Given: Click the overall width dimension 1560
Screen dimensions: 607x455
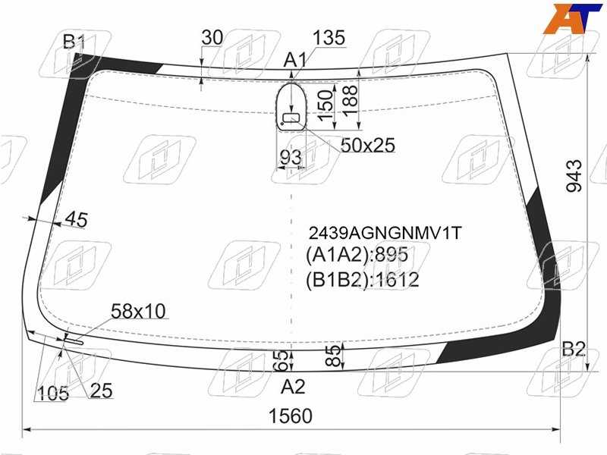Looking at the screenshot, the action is tap(291, 416).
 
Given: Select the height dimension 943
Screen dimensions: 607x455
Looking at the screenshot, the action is tap(574, 176).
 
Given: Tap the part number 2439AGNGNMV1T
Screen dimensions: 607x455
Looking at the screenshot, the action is tap(385, 233).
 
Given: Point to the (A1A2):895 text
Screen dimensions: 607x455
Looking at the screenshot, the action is tap(357, 255).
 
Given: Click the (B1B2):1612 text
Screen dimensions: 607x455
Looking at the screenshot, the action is tap(363, 280).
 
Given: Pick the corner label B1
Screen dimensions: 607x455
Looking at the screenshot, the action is tap(74, 42).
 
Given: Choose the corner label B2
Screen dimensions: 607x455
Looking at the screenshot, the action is tap(574, 349).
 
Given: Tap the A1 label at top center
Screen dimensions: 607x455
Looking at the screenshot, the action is tap(295, 61).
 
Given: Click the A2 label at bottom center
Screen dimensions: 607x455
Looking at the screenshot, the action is tap(293, 387).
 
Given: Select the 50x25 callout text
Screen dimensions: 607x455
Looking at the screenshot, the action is tap(368, 146).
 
